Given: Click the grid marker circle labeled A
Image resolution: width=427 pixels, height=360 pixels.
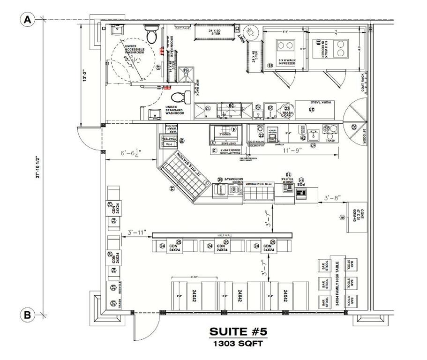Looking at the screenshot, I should tap(28, 20).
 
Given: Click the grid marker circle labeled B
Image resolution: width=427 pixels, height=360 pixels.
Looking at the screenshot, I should tap(28, 315).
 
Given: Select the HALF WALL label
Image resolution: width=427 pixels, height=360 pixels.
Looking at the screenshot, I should tap(222, 235).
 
